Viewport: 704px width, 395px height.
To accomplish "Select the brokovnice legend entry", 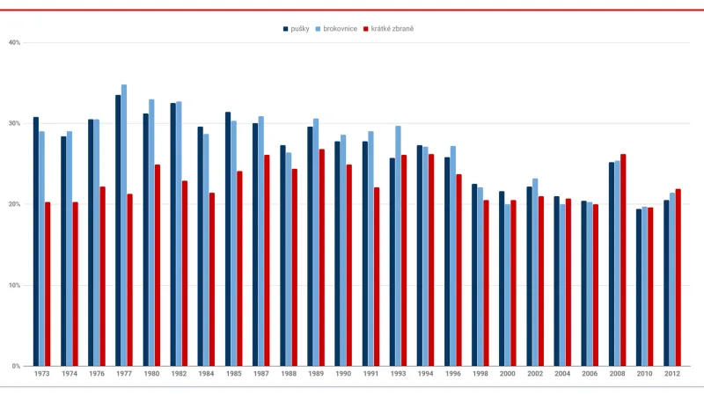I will coord(338,29).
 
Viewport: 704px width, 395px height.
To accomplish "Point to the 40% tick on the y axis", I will coord(14,42).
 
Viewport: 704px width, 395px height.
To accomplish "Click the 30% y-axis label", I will coord(14,123).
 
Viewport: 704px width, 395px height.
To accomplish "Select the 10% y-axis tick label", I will coord(14,285).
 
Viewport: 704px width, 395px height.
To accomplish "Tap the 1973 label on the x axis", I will coord(41,374).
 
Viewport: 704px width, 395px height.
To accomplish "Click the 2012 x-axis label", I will coord(672,374).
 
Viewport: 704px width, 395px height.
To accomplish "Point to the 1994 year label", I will coord(425,374).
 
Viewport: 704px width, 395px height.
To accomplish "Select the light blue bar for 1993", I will coord(398,246).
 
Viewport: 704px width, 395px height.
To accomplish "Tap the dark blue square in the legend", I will coord(285,29).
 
